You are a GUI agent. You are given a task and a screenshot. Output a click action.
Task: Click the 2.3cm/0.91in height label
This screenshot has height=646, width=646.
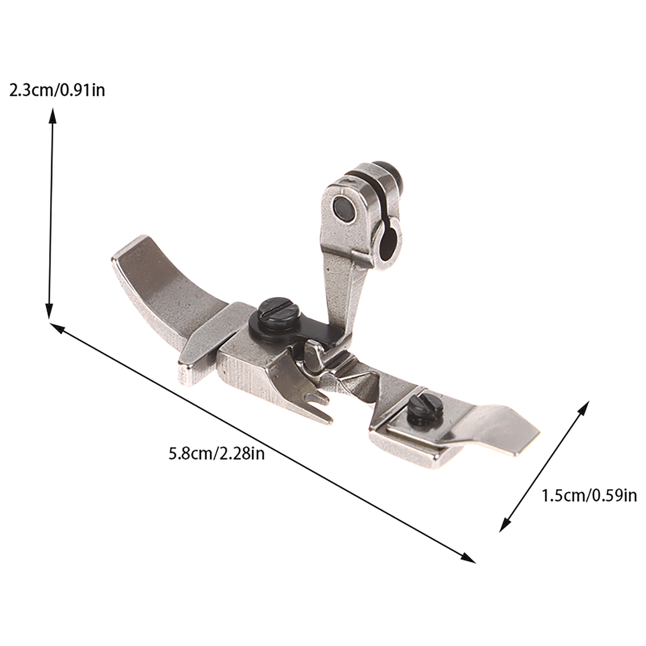click(x=57, y=90)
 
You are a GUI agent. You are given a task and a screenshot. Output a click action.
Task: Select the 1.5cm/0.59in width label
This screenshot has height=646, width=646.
click(x=589, y=495)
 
